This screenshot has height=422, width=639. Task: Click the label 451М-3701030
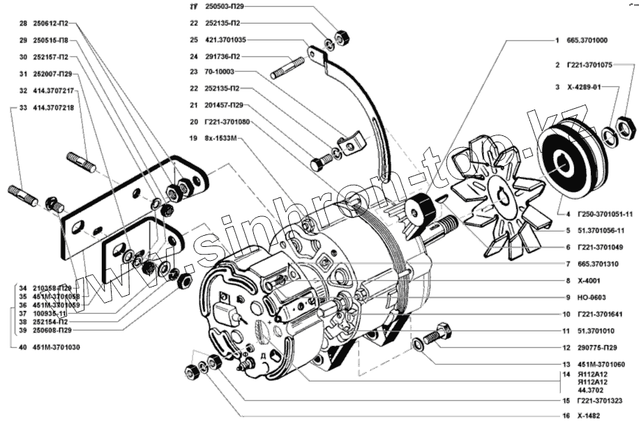click(x=57, y=347)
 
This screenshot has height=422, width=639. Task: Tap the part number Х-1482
click(x=587, y=415)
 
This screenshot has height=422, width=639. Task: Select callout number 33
click(x=23, y=108)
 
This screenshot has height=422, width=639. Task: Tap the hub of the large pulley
click(x=564, y=166)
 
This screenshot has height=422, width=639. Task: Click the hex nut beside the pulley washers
click(x=626, y=127)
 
